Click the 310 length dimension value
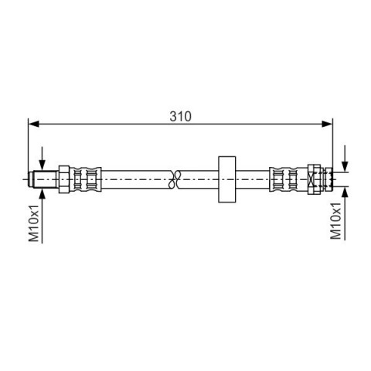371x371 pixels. point(180,116)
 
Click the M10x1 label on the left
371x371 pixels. point(34,223)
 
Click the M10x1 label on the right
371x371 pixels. point(335,220)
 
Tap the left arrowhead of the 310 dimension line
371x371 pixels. point(33,124)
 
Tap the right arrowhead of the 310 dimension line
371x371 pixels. point(327,124)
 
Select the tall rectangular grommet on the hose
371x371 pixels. point(227,179)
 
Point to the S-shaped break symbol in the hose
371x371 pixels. point(174,179)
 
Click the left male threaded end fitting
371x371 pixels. point(44,179)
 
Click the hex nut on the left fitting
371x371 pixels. point(64,179)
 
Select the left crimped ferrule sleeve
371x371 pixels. point(85,179)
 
